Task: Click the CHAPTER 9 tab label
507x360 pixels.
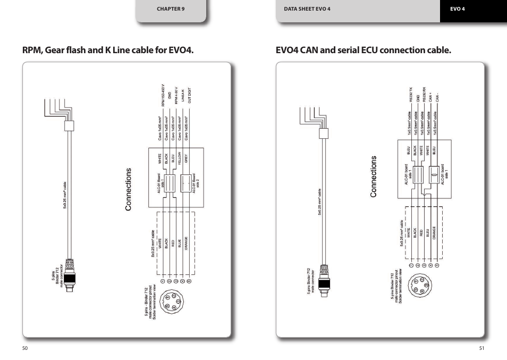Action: (x=170, y=9)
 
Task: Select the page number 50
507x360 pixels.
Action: (x=24, y=348)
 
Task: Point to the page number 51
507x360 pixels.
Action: (x=481, y=348)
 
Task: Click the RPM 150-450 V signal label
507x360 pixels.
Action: (x=163, y=95)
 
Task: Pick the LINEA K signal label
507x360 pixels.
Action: (x=183, y=96)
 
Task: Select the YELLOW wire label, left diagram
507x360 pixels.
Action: (x=180, y=158)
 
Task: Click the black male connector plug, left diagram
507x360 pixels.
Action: (x=70, y=279)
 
